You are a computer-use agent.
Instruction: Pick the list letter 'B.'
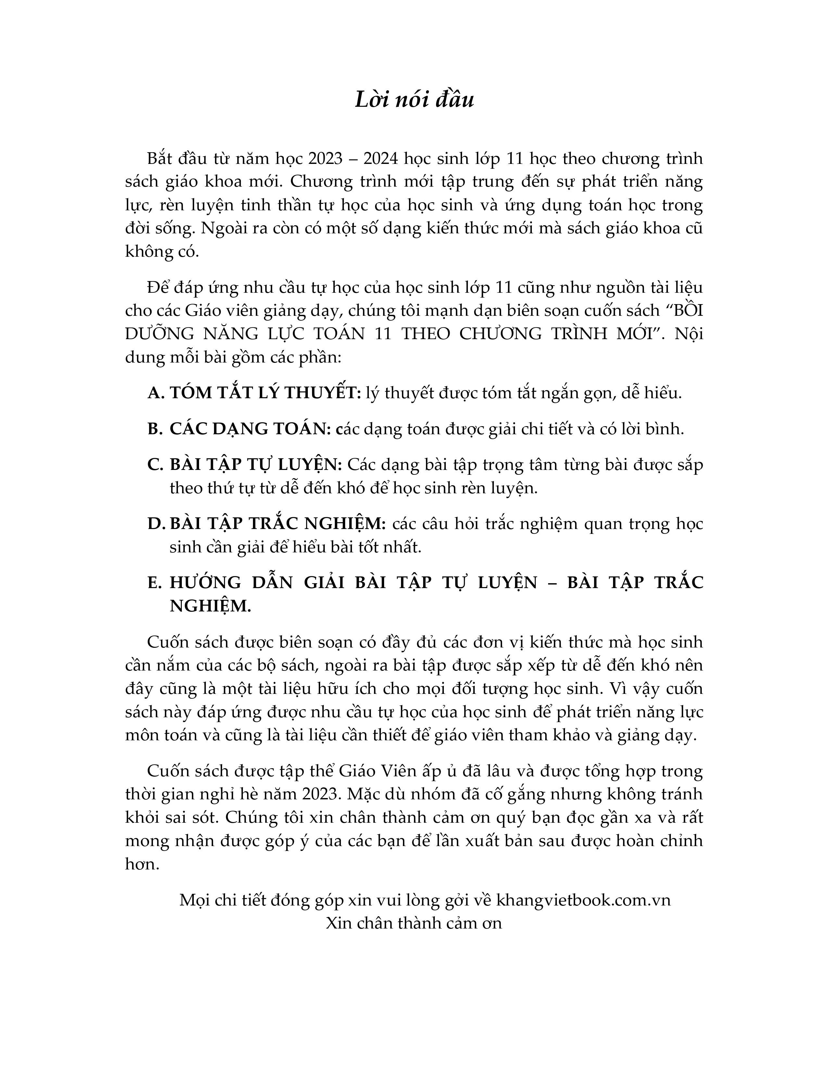(155, 429)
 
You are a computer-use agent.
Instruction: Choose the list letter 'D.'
(156, 524)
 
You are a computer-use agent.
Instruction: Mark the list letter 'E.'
(155, 583)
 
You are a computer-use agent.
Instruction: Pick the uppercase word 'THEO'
(424, 334)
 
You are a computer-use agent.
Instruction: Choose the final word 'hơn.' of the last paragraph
(142, 878)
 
